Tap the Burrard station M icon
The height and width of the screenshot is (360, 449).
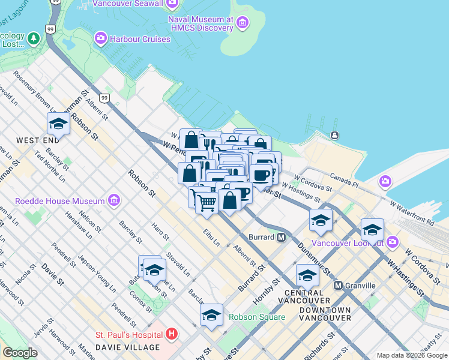(281, 237)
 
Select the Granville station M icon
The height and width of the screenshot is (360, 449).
(339, 286)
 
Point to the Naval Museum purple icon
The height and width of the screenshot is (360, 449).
(243, 23)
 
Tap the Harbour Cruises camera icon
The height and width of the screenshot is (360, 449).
(100, 39)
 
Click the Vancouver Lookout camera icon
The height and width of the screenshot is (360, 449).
(393, 242)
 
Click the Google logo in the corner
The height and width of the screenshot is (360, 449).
(19, 353)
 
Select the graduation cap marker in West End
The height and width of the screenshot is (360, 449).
(58, 124)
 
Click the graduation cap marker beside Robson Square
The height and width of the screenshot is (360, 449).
(211, 314)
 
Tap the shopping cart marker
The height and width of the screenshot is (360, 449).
(206, 203)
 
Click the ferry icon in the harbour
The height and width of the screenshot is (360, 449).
(334, 135)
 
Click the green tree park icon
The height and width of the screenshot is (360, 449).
(34, 39)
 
